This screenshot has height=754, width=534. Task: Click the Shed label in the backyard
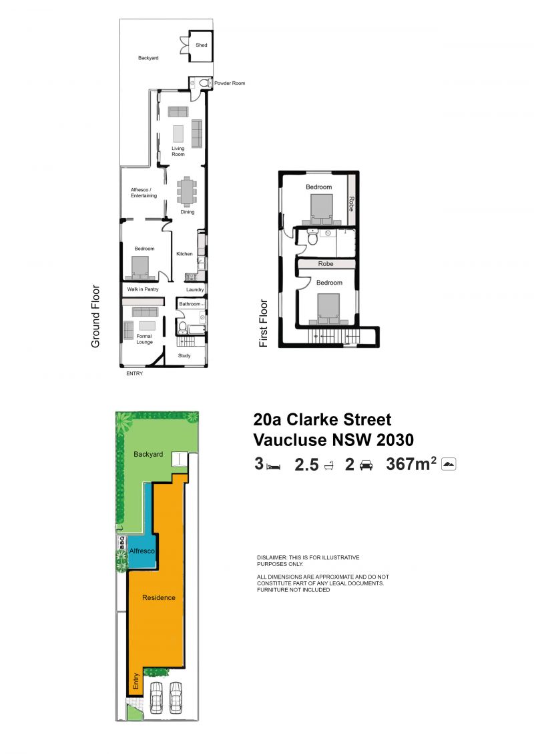202,45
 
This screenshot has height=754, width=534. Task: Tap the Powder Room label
230,83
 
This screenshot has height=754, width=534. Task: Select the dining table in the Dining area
186,191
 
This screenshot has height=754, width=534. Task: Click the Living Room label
178,151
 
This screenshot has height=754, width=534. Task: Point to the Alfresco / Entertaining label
144,193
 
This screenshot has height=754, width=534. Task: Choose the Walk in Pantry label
143,289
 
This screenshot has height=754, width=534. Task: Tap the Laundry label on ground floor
195,289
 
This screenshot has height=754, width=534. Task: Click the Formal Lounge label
144,339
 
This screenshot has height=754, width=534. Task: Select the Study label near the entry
184,356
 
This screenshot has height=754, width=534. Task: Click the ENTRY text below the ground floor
134,373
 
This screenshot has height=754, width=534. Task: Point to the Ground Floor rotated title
95,316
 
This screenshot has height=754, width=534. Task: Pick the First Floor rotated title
264,323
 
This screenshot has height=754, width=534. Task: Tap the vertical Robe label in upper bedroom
352,204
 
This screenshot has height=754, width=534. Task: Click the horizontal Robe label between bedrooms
326,264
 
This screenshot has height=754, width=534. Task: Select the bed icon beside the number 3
274,467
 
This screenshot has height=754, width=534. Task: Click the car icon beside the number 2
366,465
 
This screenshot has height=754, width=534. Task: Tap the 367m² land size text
411,464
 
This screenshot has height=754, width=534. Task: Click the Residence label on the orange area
159,598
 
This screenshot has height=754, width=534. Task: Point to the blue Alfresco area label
142,551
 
